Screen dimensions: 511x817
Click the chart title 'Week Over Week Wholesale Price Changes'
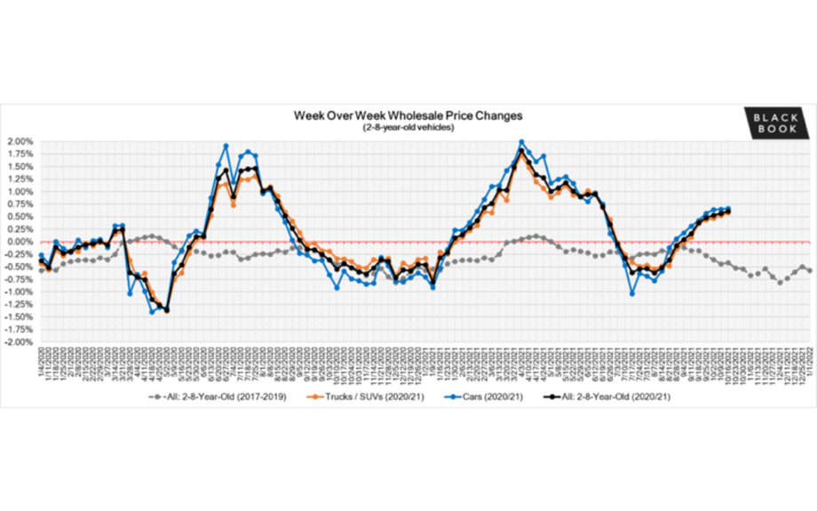point(408,116)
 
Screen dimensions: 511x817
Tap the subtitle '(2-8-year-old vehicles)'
point(408,127)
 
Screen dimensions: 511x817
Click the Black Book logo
point(776,122)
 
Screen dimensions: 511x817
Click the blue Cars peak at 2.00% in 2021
point(521,142)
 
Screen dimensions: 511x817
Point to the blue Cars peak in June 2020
point(226,146)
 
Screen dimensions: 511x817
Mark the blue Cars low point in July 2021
point(631,293)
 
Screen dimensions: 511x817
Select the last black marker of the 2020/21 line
point(729,211)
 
